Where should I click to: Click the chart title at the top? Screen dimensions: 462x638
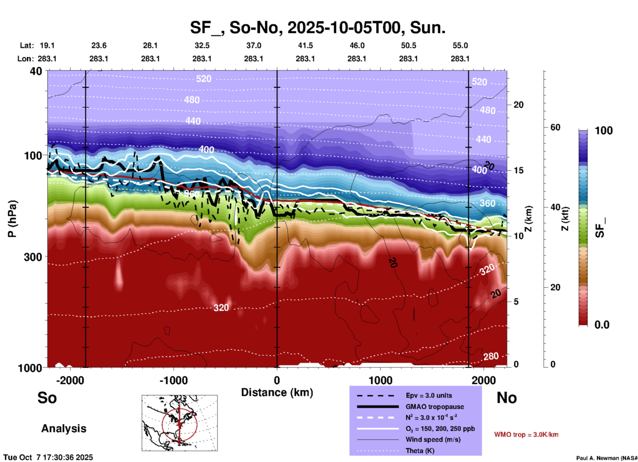317,28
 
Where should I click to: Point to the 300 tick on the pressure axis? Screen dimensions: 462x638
33,257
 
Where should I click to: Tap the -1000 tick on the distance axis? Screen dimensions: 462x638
174,380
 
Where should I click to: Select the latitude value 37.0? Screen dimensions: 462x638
253,46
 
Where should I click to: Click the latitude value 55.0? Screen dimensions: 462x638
460,46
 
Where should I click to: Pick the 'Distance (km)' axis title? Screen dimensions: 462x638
277,392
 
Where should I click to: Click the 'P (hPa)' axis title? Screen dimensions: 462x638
12,219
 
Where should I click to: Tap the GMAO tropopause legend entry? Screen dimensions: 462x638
435,407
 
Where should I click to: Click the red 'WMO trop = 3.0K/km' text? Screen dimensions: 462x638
526,434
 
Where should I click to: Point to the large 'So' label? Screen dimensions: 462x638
47,398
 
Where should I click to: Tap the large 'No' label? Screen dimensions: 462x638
506,398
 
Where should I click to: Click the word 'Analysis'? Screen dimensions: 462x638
64,429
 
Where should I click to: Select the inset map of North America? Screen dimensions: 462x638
180,423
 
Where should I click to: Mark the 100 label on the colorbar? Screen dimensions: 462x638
604,131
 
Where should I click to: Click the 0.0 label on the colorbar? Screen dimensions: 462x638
602,325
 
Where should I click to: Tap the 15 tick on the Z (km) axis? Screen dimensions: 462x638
518,170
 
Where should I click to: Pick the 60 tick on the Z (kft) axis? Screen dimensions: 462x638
555,127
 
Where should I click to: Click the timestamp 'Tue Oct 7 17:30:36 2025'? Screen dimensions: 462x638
48,457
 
